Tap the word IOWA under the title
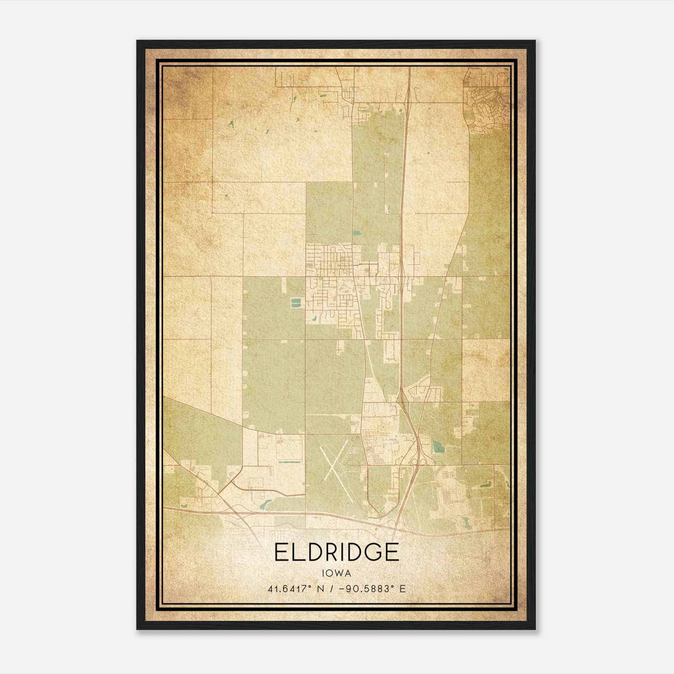[336, 573]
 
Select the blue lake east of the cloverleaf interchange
[438, 446]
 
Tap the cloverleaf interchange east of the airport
[420, 462]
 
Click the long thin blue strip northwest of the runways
[291, 462]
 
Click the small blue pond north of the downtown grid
[357, 233]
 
